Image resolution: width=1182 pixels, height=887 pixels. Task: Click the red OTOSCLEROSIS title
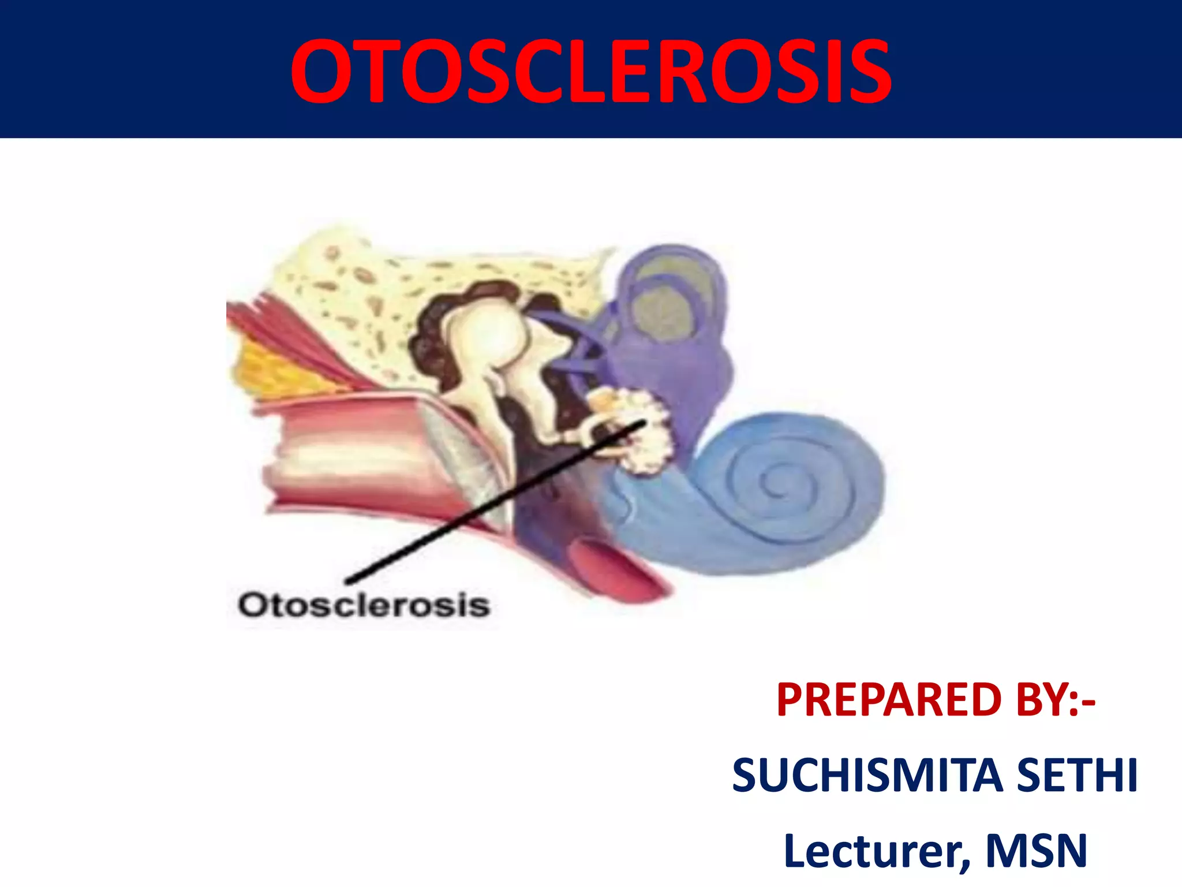(x=591, y=72)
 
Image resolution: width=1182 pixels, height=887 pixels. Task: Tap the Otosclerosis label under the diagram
(x=364, y=605)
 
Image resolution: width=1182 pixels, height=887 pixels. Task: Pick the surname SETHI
(x=1076, y=775)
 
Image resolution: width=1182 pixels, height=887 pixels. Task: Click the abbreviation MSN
(x=1036, y=850)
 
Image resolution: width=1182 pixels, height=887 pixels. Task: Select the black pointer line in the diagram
(x=491, y=502)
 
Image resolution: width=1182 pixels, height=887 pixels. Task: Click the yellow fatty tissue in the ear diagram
(x=271, y=370)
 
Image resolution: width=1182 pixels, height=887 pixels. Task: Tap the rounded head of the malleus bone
(x=491, y=335)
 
